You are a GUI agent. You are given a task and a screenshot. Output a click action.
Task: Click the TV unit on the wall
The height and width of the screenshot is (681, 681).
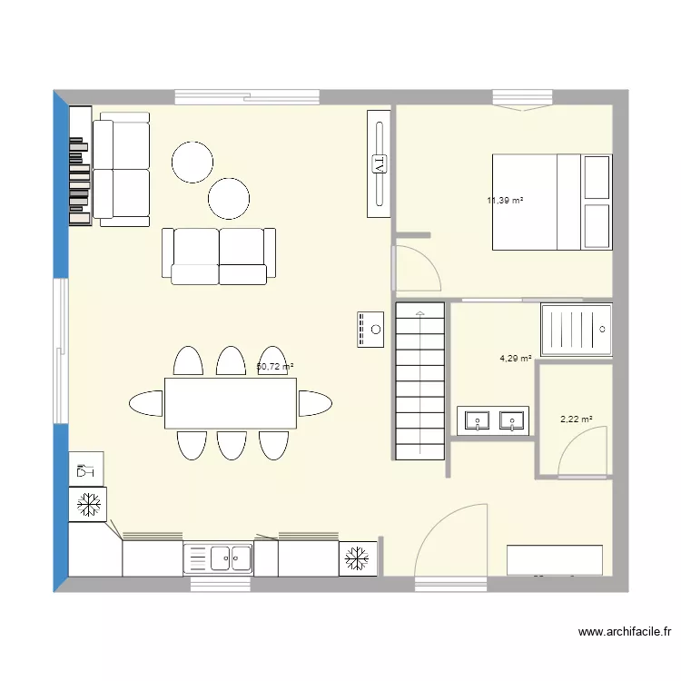pyautogui.click(x=379, y=163)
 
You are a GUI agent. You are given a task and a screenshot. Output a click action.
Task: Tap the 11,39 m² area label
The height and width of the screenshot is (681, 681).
pyautogui.click(x=505, y=201)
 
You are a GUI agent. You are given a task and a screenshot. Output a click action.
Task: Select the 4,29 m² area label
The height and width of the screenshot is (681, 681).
pyautogui.click(x=516, y=358)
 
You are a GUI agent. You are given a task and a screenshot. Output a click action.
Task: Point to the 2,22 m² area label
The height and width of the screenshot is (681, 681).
pyautogui.click(x=577, y=419)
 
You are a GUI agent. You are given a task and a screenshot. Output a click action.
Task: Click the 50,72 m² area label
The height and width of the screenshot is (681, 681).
pyautogui.click(x=275, y=367)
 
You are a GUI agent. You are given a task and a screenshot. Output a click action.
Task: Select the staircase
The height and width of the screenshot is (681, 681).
pyautogui.click(x=419, y=380)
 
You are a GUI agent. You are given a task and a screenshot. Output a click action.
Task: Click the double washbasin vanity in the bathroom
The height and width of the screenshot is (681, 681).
pyautogui.click(x=492, y=420)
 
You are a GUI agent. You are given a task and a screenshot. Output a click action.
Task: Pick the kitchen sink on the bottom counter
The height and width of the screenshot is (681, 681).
pyautogui.click(x=218, y=558)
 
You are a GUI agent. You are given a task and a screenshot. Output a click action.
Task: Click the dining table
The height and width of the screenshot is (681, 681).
pyautogui.click(x=231, y=403)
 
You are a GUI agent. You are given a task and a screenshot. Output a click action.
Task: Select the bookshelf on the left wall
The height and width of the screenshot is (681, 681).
pyautogui.click(x=80, y=165)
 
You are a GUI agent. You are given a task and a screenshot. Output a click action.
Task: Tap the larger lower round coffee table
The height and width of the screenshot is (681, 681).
pyautogui.click(x=229, y=198)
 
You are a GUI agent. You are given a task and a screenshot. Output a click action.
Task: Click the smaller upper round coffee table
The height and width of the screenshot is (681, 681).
pyautogui.click(x=193, y=162)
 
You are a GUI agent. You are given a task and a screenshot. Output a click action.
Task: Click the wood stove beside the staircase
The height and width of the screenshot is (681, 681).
pyautogui.click(x=371, y=329)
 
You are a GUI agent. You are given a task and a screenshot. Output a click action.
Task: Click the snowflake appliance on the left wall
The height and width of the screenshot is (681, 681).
pyautogui.click(x=88, y=504)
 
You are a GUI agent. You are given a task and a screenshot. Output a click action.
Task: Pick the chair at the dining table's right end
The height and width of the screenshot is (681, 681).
pyautogui.click(x=314, y=402)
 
